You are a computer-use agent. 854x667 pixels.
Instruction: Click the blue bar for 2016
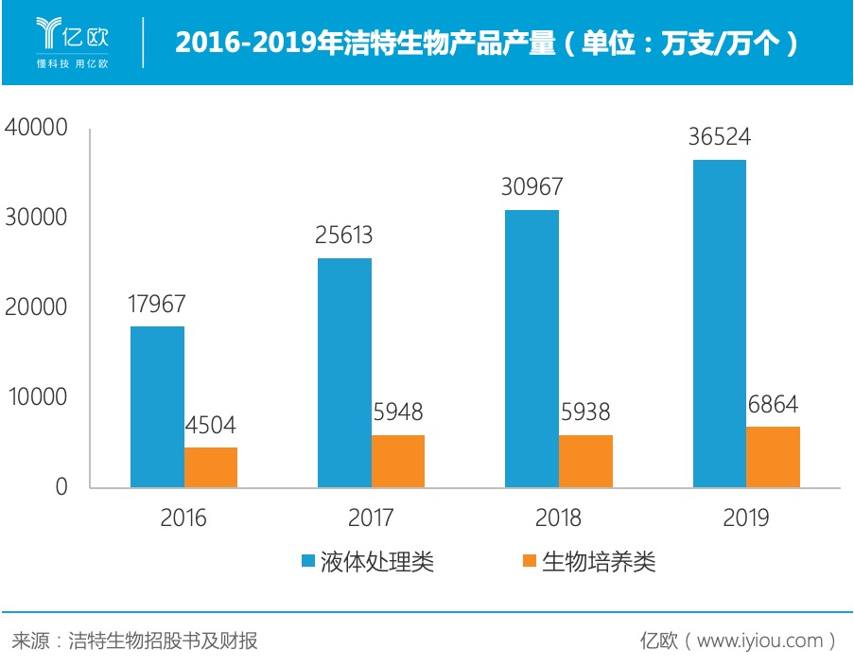pos(157,407)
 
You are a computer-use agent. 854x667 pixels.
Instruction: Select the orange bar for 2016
pos(211,467)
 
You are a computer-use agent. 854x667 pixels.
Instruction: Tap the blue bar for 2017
pos(344,373)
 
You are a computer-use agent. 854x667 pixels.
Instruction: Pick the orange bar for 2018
pos(585,462)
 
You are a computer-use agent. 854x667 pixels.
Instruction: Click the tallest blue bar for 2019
pos(719,324)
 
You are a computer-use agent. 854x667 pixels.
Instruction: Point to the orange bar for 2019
pos(773,457)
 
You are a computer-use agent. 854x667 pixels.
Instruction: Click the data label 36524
pos(719,137)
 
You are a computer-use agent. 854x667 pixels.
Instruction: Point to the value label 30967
pos(532,186)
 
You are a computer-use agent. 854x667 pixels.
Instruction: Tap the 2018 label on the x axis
pos(558,518)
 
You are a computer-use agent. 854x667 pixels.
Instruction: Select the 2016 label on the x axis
pos(183,518)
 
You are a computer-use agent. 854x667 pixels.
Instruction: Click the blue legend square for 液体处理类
pos(308,562)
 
